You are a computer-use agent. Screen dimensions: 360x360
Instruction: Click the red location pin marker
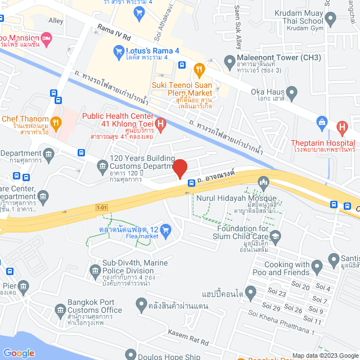(179, 168)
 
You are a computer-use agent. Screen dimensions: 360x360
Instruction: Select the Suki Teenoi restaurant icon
(199, 69)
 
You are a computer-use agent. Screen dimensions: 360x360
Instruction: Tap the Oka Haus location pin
(291, 92)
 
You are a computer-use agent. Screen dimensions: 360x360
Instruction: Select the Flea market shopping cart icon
(165, 229)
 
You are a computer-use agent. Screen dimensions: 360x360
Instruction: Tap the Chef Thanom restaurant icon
(55, 121)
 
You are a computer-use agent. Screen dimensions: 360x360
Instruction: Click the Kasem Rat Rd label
(188, 338)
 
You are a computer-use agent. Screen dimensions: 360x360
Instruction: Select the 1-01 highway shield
(101, 208)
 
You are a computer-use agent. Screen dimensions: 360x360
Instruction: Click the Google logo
(19, 353)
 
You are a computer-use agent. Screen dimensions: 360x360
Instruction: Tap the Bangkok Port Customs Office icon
(61, 310)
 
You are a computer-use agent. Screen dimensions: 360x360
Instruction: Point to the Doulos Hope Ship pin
(130, 354)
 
